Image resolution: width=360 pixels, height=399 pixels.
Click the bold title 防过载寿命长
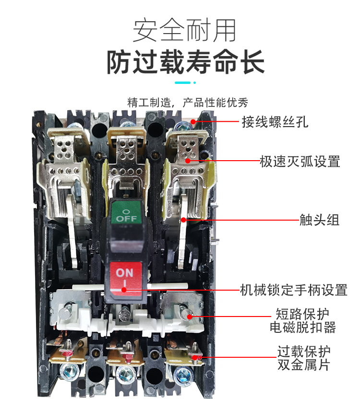point(185,62)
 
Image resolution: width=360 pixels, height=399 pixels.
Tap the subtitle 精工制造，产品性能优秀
point(188,103)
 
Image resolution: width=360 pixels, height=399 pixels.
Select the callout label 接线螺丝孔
point(275,122)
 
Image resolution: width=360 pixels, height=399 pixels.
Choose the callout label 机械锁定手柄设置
point(293,290)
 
